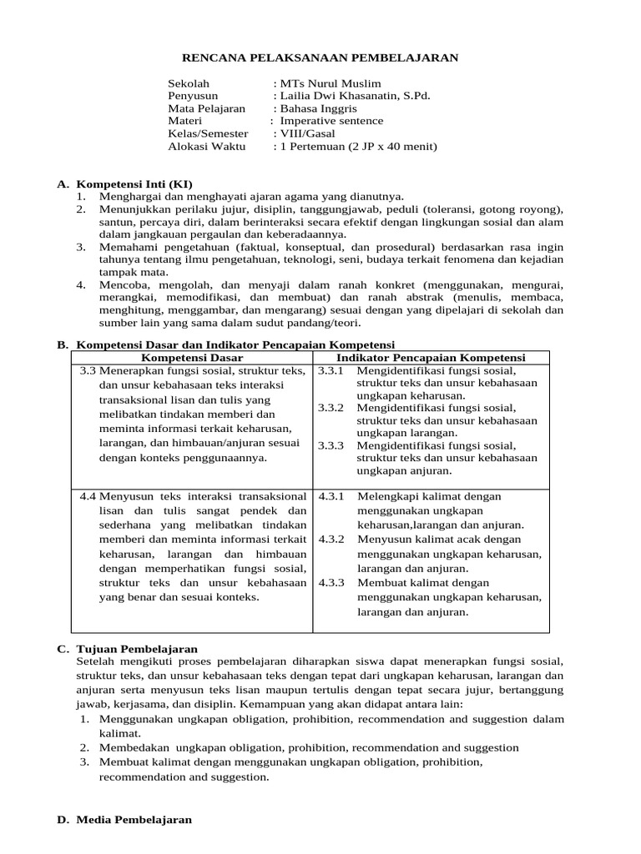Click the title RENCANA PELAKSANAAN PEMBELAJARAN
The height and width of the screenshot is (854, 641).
(320, 58)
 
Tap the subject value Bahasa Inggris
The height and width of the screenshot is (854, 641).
(318, 108)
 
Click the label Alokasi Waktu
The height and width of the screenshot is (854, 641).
(207, 146)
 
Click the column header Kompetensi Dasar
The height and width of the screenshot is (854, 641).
(193, 357)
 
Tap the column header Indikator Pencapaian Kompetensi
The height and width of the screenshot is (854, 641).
(430, 357)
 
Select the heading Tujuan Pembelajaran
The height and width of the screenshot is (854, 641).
(137, 648)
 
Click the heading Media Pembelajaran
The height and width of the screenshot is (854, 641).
(134, 820)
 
